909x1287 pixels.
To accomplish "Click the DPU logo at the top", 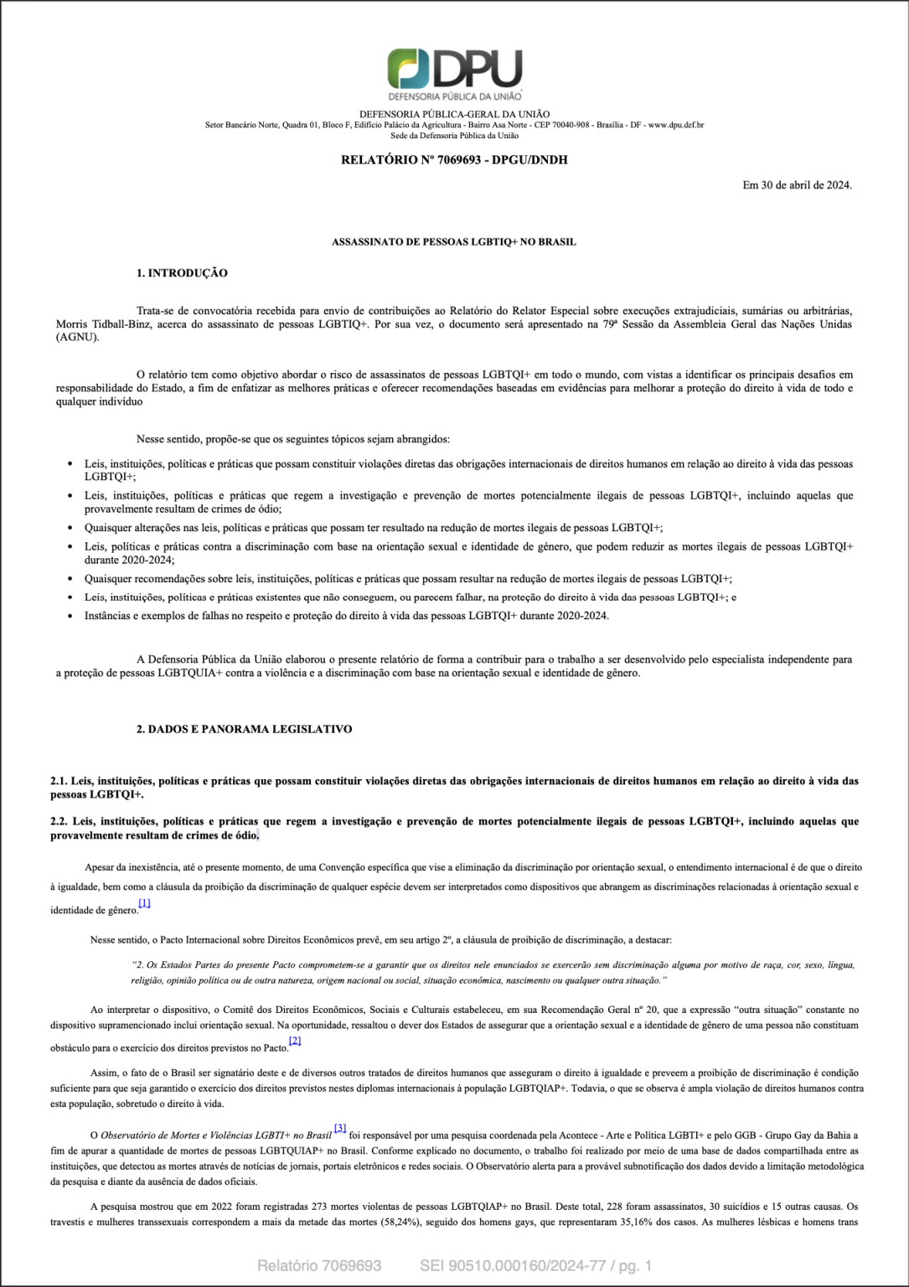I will pyautogui.click(x=454, y=74).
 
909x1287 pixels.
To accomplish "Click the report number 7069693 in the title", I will pyautogui.click(x=458, y=160).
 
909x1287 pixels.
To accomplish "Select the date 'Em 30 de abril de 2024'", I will pyautogui.click(x=797, y=185).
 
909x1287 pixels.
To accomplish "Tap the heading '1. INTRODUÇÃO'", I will pyautogui.click(x=182, y=273).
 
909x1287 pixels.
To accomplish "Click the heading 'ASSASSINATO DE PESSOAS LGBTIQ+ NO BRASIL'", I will pyautogui.click(x=454, y=242).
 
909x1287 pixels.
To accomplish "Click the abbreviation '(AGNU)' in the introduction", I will pyautogui.click(x=77, y=338).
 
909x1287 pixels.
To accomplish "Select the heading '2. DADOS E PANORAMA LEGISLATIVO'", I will pyautogui.click(x=244, y=729).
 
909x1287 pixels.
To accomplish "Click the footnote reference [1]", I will pyautogui.click(x=145, y=903).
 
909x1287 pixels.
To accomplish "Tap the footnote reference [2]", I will pyautogui.click(x=295, y=1041).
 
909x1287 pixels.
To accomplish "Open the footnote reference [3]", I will pyautogui.click(x=340, y=1128).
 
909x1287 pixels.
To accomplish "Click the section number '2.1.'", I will pyautogui.click(x=59, y=781).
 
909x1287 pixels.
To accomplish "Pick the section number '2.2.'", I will pyautogui.click(x=59, y=821).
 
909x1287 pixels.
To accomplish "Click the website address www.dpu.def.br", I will pyautogui.click(x=675, y=126).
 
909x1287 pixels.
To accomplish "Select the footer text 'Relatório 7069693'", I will pyautogui.click(x=319, y=1265).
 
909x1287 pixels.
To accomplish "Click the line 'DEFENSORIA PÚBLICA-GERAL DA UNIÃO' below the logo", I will pyautogui.click(x=454, y=115).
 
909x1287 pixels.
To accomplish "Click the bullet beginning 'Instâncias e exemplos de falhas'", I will pyautogui.click(x=346, y=616).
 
